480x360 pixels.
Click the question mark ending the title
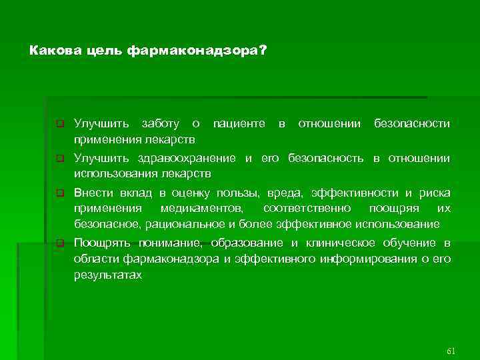261,50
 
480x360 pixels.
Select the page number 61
450,350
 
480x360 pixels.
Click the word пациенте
238,124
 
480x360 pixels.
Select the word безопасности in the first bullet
412,124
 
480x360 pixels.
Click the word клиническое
360,243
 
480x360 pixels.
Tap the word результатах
107,273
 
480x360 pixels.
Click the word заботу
160,124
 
